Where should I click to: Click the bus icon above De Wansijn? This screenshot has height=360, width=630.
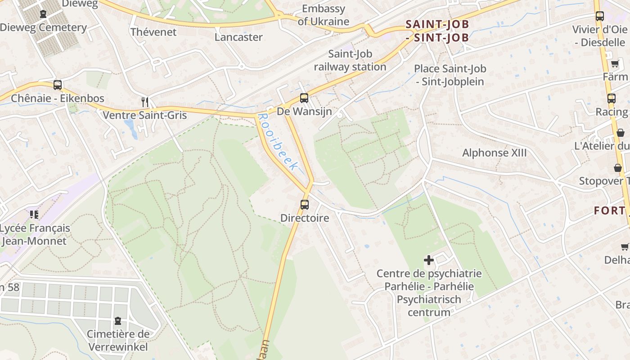(x=304, y=98)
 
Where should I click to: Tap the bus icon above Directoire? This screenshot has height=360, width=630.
(x=305, y=205)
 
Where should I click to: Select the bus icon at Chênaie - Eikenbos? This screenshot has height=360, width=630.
(x=58, y=85)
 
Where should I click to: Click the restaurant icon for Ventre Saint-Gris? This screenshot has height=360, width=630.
(x=145, y=102)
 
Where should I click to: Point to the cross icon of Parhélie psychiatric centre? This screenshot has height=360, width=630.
(x=429, y=260)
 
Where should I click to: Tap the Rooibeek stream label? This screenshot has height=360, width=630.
(x=278, y=142)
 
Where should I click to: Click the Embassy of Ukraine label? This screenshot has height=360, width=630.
(x=323, y=15)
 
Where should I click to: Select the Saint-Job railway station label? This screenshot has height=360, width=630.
(x=350, y=60)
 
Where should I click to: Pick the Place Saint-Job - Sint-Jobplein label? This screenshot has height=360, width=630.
(x=450, y=75)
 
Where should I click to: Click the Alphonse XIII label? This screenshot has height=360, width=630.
(x=494, y=153)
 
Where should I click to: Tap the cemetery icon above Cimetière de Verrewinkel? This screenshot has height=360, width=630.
(x=118, y=321)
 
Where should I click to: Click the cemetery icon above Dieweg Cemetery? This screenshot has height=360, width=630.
(x=43, y=14)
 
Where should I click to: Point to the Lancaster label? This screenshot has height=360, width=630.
(x=238, y=37)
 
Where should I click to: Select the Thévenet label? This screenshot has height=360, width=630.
(x=153, y=32)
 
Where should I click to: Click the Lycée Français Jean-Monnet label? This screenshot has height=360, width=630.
(x=35, y=234)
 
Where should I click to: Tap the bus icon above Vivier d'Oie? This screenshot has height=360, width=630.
(x=599, y=16)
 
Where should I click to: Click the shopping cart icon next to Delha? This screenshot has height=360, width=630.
(x=625, y=246)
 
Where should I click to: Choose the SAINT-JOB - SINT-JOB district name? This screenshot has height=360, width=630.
(x=437, y=31)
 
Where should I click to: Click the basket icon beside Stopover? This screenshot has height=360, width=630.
(x=618, y=168)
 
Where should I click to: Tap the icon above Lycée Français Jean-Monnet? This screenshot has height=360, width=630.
(x=34, y=215)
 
